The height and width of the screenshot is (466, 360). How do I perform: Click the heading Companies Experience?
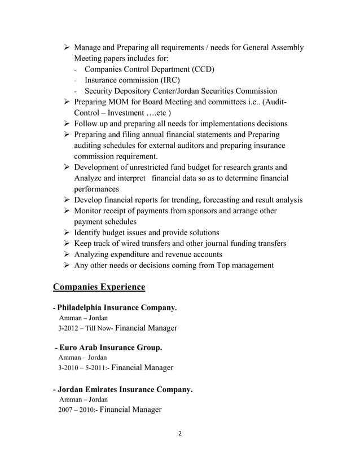click(99, 287)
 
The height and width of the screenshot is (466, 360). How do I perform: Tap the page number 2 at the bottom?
click(179, 434)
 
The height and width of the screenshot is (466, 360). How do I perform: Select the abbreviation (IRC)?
click(168, 80)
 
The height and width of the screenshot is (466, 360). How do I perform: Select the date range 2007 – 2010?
click(78, 410)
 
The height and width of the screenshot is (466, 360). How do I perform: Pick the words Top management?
click(245, 265)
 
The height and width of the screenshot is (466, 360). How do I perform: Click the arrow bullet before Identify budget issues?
click(67, 232)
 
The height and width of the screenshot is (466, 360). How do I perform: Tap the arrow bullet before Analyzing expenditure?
click(67, 254)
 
